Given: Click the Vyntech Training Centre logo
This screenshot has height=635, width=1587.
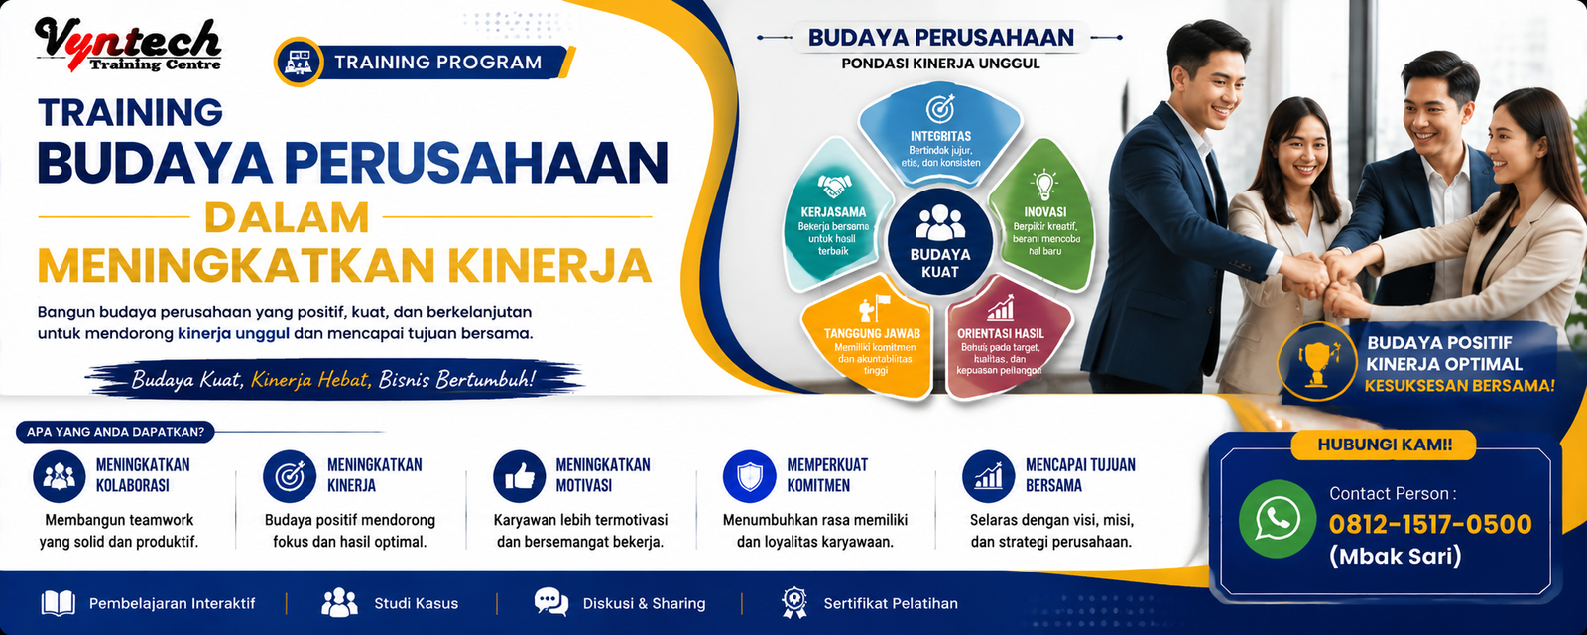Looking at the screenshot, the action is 128,45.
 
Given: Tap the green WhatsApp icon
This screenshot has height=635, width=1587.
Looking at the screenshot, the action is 1278,519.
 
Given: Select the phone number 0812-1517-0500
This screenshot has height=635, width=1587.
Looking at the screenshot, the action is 1429,525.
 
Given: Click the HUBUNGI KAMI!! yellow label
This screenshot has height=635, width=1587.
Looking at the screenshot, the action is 1384,444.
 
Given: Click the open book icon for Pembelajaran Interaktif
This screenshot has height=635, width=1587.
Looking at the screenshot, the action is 59,604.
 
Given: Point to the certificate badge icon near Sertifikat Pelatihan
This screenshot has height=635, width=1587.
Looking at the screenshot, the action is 793,603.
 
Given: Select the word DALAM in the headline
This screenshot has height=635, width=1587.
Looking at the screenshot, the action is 287,218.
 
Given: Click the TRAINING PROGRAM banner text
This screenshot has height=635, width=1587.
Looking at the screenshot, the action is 437,63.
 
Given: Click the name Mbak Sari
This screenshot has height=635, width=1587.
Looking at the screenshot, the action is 1395,555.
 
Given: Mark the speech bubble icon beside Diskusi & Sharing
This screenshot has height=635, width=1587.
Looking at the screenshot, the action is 551,602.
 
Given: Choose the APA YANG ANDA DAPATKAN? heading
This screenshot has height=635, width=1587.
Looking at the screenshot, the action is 115,431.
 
